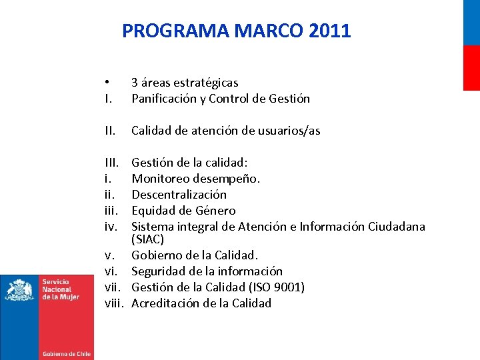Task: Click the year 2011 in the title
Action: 330,31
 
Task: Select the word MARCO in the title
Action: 264,31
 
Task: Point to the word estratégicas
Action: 205,83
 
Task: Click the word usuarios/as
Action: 289,131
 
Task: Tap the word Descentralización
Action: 179,195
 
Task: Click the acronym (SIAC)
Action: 147,239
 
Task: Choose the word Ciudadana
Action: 396,227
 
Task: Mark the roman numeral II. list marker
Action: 109,131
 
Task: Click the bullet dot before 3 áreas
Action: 107,83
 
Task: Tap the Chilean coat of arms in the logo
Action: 20,290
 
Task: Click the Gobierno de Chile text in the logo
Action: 67,353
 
